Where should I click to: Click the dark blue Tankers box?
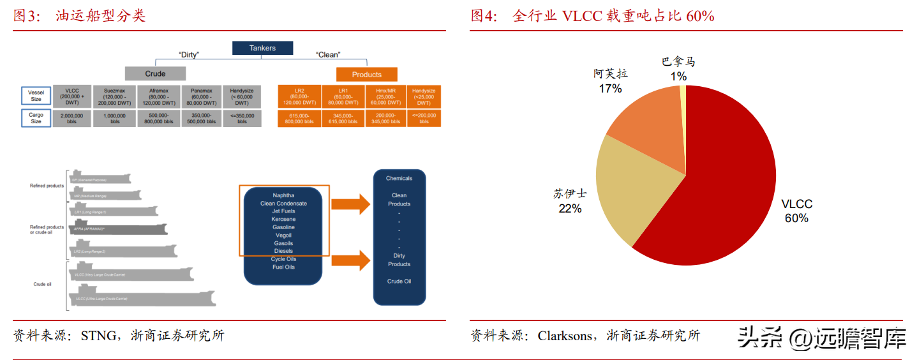tap(262, 48)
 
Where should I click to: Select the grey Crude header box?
tap(155, 73)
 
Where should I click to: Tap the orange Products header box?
tap(366, 74)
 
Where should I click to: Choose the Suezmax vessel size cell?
tap(115, 96)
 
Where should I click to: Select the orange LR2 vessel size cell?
tap(299, 96)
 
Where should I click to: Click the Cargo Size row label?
tap(36, 118)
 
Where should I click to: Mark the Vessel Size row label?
tap(36, 96)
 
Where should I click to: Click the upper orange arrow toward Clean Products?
tap(352, 204)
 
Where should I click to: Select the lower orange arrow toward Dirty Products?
tap(352, 260)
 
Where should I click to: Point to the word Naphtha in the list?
tap(283, 195)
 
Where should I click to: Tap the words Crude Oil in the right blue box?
tap(399, 281)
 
